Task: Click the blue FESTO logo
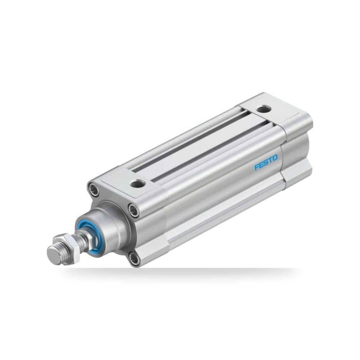(266, 162)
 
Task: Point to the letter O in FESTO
(275, 158)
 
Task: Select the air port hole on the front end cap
(138, 184)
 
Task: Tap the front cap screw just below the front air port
(134, 210)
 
